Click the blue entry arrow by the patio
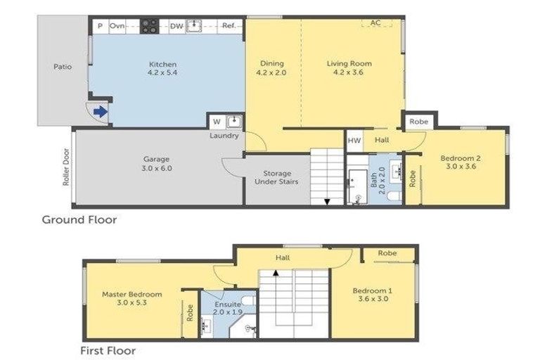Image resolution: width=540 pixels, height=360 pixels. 101,111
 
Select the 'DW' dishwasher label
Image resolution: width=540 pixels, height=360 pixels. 176,26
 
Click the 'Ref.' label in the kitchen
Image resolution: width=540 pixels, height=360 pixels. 229,26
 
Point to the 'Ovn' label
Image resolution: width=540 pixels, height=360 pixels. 117,26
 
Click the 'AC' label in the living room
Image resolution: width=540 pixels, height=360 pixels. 375,22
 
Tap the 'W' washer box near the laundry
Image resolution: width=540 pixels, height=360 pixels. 217,121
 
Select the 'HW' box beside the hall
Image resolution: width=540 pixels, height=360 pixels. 354,141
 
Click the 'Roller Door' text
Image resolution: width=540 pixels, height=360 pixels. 65,167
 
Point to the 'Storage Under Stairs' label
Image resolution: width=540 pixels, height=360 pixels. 276,176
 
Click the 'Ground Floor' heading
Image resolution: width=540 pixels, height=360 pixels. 79,219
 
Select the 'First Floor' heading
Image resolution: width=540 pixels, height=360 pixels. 108,349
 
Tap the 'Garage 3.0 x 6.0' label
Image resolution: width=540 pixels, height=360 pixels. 157,164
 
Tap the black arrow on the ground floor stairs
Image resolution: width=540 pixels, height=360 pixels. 326,202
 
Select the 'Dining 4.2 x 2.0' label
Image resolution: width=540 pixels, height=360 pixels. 271,67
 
